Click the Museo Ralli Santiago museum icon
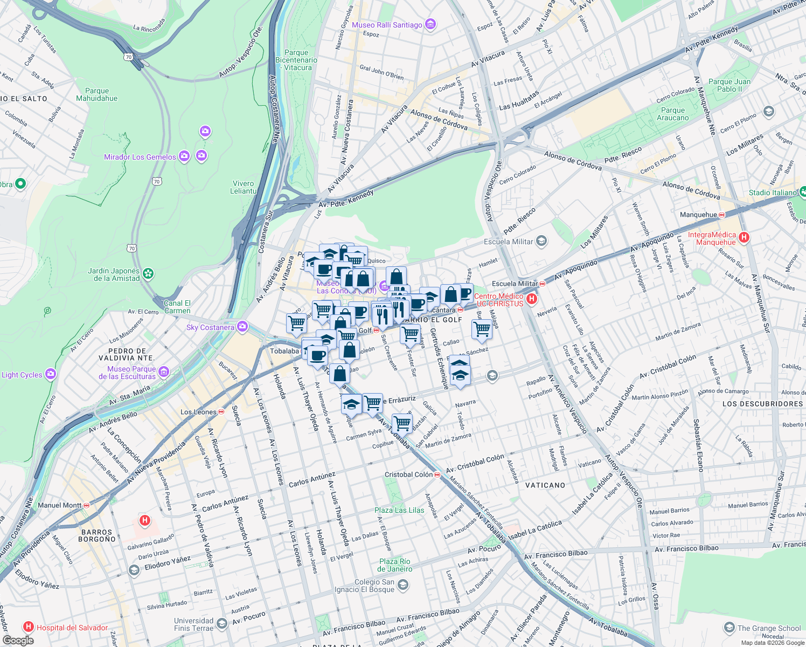430,24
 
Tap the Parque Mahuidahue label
97,95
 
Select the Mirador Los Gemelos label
140,157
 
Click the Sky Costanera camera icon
242,327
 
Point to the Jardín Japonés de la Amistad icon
148,274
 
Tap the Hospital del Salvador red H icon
29,627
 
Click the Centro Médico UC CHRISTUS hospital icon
532,299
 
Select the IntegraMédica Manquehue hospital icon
744,237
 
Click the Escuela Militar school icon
541,241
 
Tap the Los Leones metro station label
198,412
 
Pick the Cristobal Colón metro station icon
437,474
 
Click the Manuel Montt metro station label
59,505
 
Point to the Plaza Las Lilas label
399,510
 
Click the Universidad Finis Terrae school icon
221,624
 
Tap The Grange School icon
729,628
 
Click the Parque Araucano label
672,114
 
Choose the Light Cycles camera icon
51,374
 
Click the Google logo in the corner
18,640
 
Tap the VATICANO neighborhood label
545,485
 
